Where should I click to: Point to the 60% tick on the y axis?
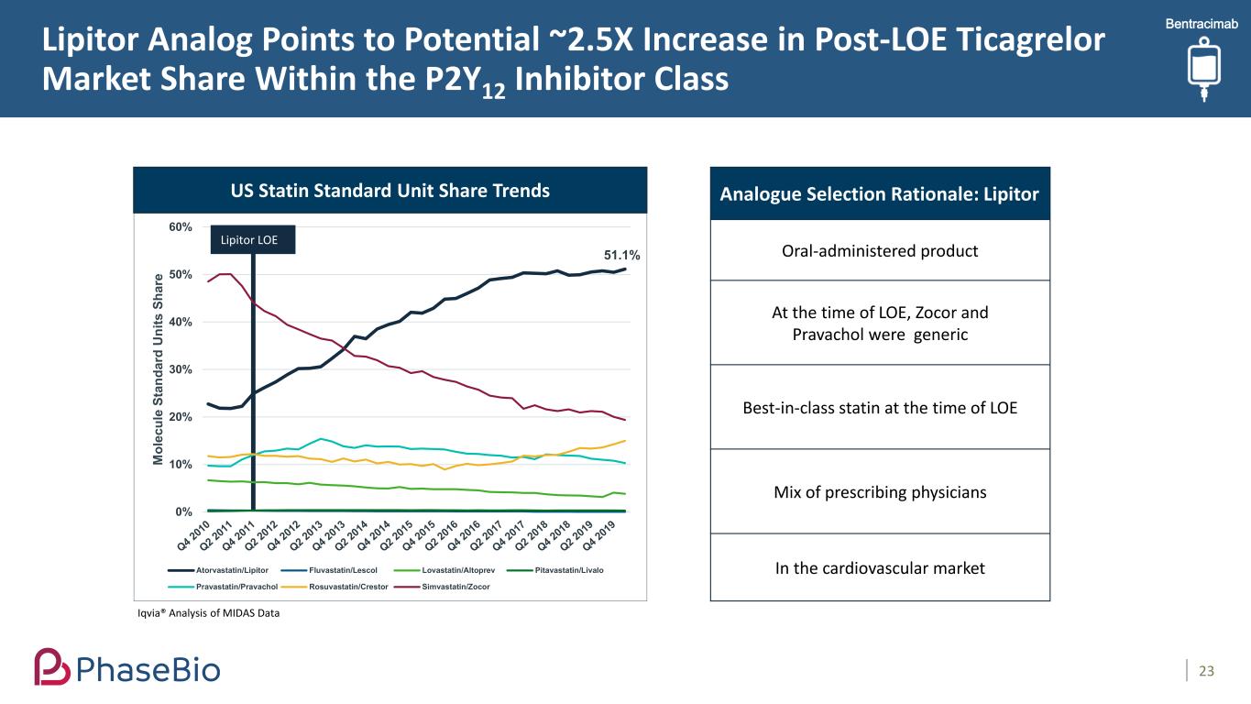click(x=180, y=226)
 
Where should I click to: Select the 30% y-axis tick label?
click(x=180, y=369)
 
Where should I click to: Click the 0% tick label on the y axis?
click(x=183, y=511)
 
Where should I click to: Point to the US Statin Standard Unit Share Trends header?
click(x=390, y=191)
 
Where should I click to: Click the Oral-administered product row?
click(x=880, y=250)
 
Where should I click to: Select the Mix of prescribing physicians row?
click(x=880, y=492)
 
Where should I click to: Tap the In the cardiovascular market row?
click(x=880, y=568)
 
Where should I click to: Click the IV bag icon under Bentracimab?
click(x=1201, y=69)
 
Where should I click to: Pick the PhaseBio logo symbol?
click(x=52, y=666)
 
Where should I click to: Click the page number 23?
click(x=1206, y=672)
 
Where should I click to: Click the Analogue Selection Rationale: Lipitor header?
click(x=880, y=194)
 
